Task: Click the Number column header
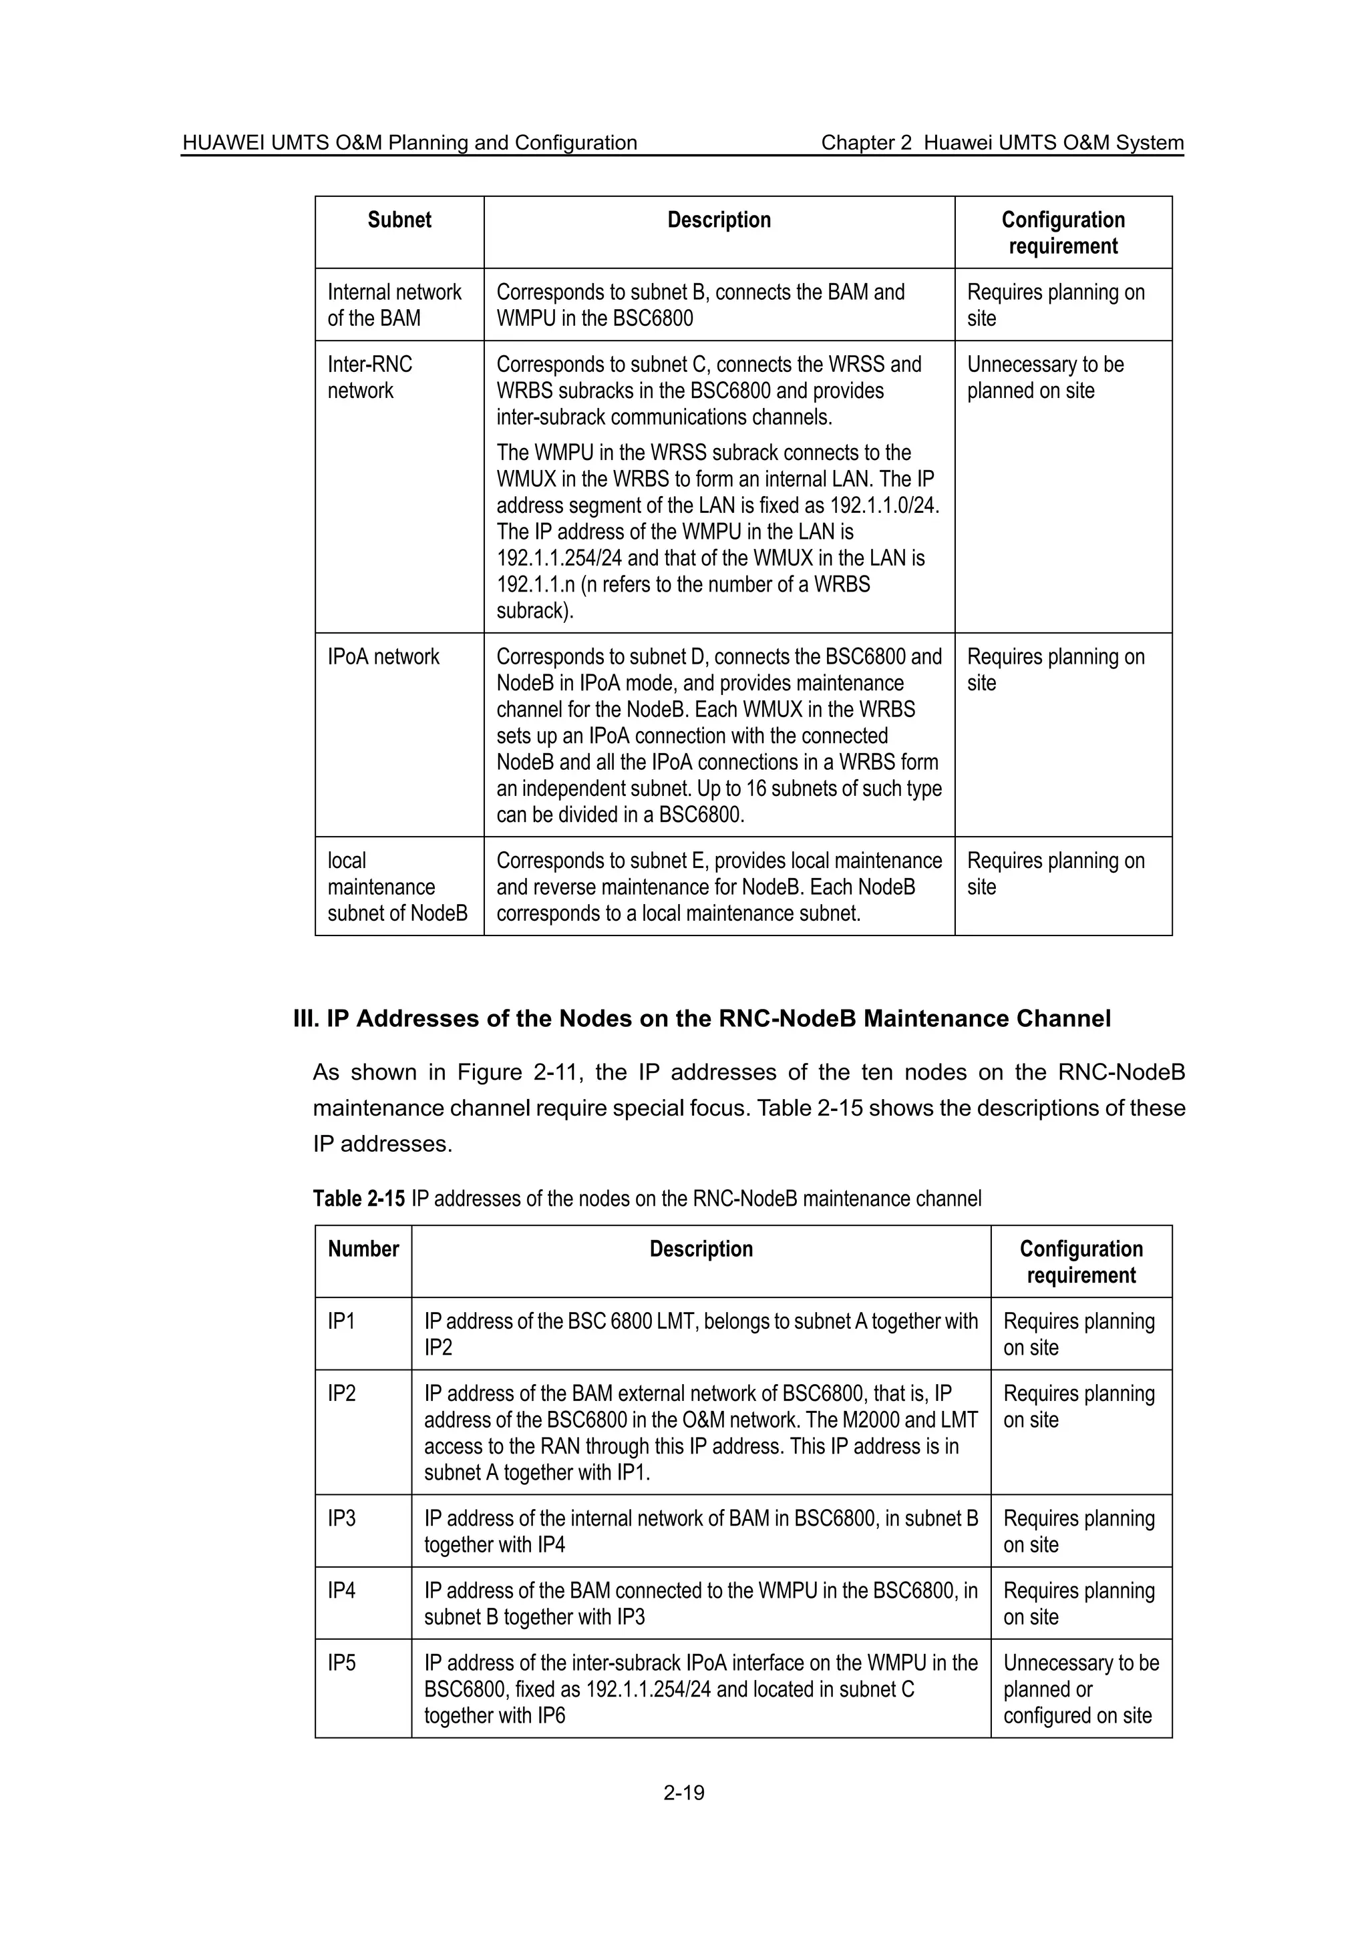click(x=363, y=1249)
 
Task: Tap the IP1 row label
click(x=341, y=1321)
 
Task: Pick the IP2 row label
click(x=341, y=1394)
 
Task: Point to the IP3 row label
click(x=341, y=1518)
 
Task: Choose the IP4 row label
click(x=341, y=1591)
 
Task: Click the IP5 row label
click(x=341, y=1664)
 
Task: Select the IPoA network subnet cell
click(x=383, y=658)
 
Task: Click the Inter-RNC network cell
click(x=369, y=377)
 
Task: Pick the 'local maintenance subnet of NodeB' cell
click(x=397, y=887)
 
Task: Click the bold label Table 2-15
click(x=358, y=1199)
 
